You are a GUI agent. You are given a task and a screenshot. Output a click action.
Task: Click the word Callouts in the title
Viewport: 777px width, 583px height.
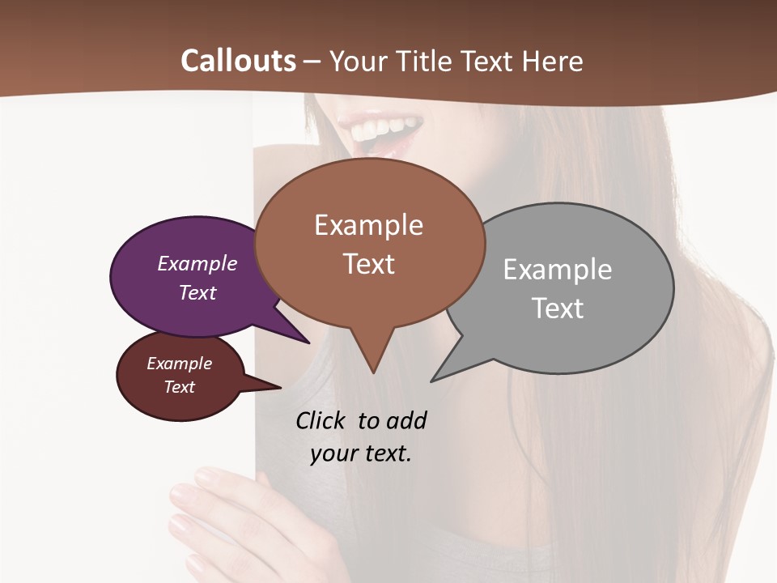[x=238, y=61]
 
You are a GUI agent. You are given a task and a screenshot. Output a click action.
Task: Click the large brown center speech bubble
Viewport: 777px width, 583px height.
[x=369, y=243]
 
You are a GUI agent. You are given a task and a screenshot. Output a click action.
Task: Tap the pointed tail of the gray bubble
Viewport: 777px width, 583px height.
[x=434, y=379]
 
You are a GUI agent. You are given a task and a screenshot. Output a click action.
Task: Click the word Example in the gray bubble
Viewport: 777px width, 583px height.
[x=558, y=270]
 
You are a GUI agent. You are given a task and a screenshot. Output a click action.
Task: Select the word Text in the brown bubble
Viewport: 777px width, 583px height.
[x=369, y=264]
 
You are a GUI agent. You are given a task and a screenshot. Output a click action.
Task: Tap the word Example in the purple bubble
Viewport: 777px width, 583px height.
[x=197, y=264]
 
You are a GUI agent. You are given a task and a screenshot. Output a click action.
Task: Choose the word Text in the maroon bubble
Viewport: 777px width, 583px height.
[x=180, y=387]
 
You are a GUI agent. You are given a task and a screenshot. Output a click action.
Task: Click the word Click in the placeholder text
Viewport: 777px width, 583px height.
[x=322, y=420]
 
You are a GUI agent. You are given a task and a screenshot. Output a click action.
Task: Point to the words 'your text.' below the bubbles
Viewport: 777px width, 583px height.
[x=361, y=453]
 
